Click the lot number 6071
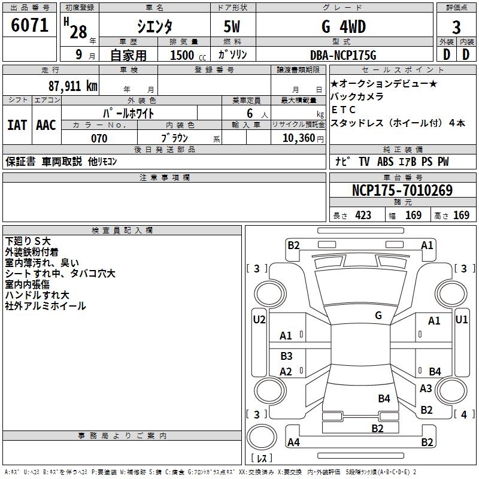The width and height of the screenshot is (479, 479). click(x=30, y=26)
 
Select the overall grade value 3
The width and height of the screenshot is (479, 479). click(x=456, y=28)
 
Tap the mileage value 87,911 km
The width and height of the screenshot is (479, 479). click(x=72, y=86)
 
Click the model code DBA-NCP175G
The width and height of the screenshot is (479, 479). click(x=344, y=55)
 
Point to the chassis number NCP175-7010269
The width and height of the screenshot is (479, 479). click(x=402, y=191)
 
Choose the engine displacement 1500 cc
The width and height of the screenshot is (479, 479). click(x=183, y=55)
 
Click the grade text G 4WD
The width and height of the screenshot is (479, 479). click(x=343, y=27)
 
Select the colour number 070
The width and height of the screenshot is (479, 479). click(x=99, y=139)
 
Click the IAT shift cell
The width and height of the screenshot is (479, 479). click(x=17, y=125)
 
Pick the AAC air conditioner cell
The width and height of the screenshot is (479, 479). click(x=46, y=125)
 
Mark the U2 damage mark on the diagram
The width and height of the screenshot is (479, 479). click(x=259, y=319)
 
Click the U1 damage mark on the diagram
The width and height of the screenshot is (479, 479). click(x=462, y=319)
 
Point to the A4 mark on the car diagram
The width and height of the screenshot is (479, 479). click(x=293, y=442)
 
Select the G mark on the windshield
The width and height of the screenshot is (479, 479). click(x=378, y=315)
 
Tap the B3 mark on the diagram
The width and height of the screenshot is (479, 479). click(x=287, y=356)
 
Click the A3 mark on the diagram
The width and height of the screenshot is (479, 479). click(x=426, y=389)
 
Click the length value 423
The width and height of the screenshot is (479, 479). click(x=363, y=216)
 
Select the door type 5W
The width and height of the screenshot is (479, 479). click(x=234, y=27)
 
